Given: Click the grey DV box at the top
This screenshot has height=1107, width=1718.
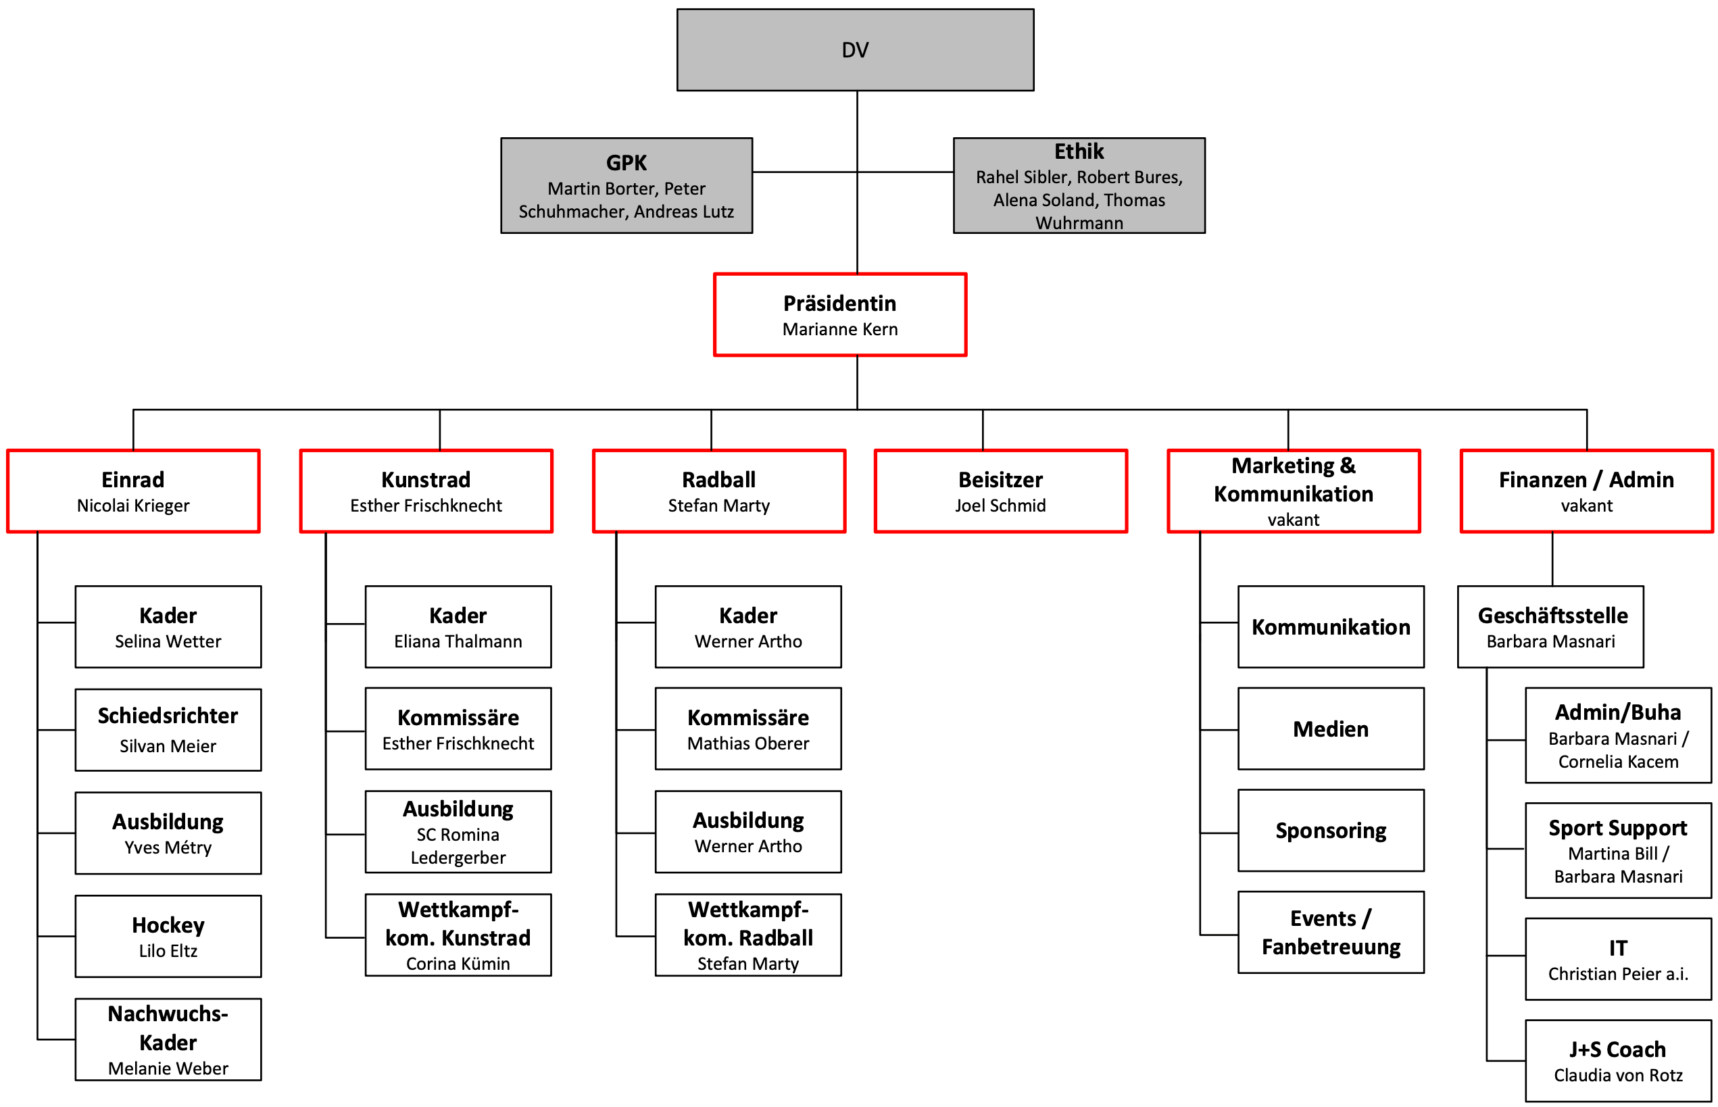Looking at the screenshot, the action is [855, 49].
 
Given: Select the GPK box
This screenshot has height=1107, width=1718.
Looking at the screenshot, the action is [626, 185].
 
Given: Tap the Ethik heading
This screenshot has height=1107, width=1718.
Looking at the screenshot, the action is [1078, 151].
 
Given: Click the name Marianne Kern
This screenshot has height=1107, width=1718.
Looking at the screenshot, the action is [839, 329].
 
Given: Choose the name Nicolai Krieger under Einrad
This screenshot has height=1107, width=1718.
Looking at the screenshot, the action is [133, 506].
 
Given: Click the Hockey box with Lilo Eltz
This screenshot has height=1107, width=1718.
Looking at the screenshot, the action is [168, 936].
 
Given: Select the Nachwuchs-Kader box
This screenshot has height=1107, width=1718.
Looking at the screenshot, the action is [168, 1039].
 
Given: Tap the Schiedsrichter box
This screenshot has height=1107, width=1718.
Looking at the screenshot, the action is [168, 730].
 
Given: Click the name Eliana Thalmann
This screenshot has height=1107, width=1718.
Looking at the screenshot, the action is [458, 641].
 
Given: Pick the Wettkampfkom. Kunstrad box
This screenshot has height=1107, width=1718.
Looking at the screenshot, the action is [458, 935].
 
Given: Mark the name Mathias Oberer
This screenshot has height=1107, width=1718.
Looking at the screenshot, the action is [747, 743].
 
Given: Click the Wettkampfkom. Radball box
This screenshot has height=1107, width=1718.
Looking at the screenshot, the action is [747, 935].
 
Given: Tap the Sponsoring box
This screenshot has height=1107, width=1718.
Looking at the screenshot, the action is [1331, 830].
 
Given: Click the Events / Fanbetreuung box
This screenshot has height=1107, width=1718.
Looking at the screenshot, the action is [1331, 933].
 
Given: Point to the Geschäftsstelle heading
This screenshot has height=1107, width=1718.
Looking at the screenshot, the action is [1552, 615].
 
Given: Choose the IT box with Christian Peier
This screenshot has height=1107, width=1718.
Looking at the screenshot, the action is [1618, 959].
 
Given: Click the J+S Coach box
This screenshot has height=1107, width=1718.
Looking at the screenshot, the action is [1618, 1061].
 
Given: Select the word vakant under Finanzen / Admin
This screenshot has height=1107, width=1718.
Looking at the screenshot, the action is [1586, 506].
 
